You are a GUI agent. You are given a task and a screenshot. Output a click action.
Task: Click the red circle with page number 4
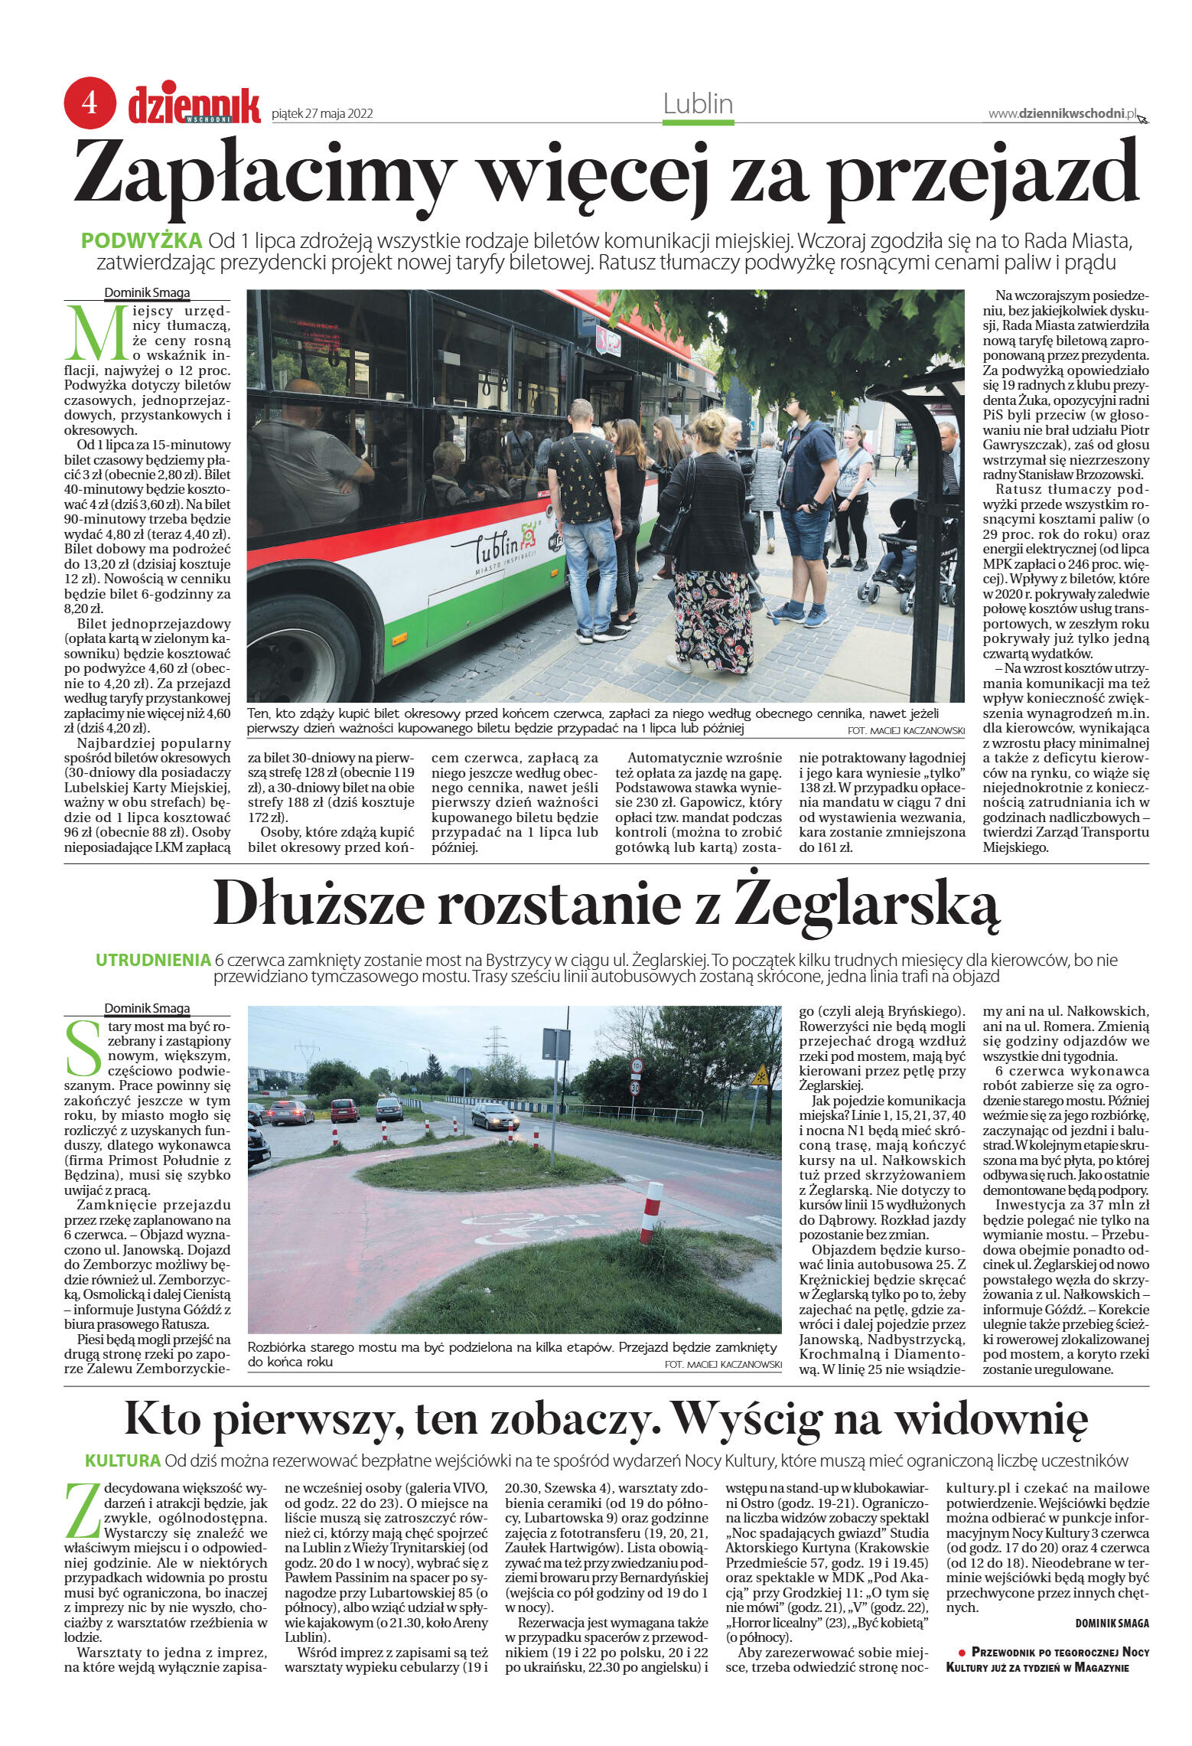pos(90,102)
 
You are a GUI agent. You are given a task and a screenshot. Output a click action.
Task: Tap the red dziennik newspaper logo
pos(194,106)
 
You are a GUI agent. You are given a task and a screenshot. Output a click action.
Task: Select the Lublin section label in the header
pos(698,104)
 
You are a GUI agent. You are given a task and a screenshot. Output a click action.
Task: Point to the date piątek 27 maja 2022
pos(322,114)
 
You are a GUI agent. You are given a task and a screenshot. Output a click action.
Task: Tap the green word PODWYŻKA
pos(142,240)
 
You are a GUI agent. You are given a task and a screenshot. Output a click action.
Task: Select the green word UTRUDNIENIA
pos(153,960)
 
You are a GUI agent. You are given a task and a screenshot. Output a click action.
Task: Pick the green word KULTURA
pos(123,1460)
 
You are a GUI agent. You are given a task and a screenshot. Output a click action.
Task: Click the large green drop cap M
pos(96,333)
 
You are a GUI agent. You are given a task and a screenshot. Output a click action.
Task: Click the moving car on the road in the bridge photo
pos(495,1117)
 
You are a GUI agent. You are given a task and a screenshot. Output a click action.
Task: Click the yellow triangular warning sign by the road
pos(759,1076)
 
